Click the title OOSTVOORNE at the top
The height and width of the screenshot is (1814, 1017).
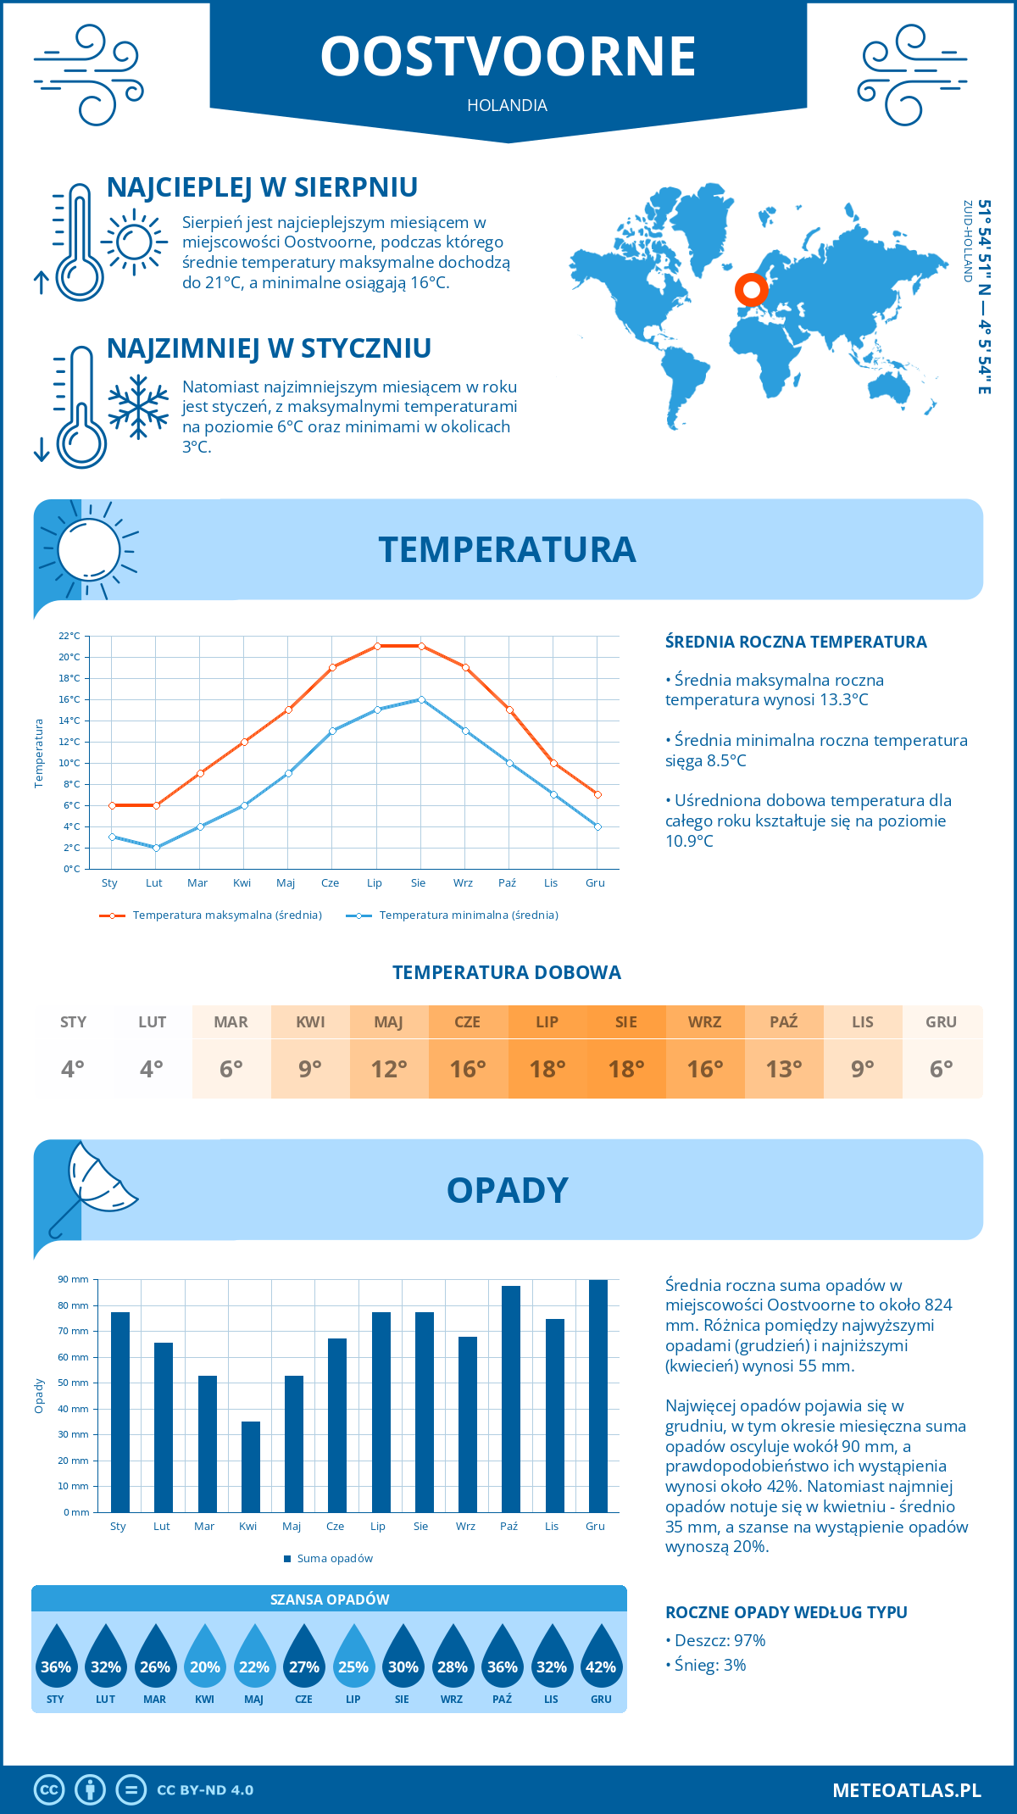pos(508,57)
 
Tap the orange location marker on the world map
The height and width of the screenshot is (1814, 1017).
pos(751,289)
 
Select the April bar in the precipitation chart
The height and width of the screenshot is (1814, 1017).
pos(251,1466)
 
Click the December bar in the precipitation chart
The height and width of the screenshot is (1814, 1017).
pos(597,1395)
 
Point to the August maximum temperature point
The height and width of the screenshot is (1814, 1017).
pos(421,646)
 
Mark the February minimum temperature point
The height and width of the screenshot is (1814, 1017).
pos(156,848)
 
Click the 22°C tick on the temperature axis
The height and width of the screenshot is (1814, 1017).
pos(70,636)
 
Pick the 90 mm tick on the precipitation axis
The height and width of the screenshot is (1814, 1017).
pos(74,1279)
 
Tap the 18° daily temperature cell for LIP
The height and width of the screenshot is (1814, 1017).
pos(547,1069)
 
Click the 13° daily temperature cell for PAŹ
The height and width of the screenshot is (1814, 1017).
pos(784,1069)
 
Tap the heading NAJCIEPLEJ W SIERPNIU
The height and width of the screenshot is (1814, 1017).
pos(262,187)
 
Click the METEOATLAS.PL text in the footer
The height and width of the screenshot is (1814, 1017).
pos(906,1789)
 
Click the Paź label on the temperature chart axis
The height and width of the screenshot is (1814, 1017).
pos(507,882)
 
